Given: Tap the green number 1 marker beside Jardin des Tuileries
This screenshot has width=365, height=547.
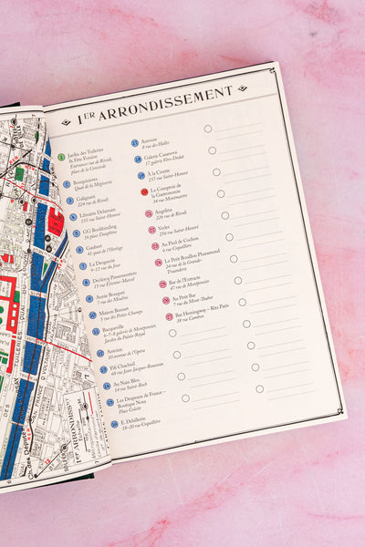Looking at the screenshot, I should (62, 157).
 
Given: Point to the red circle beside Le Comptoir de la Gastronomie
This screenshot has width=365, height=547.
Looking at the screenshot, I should (144, 191).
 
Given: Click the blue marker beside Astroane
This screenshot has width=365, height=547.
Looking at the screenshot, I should (135, 143).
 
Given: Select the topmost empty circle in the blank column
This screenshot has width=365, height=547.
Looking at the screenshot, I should (208, 129).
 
